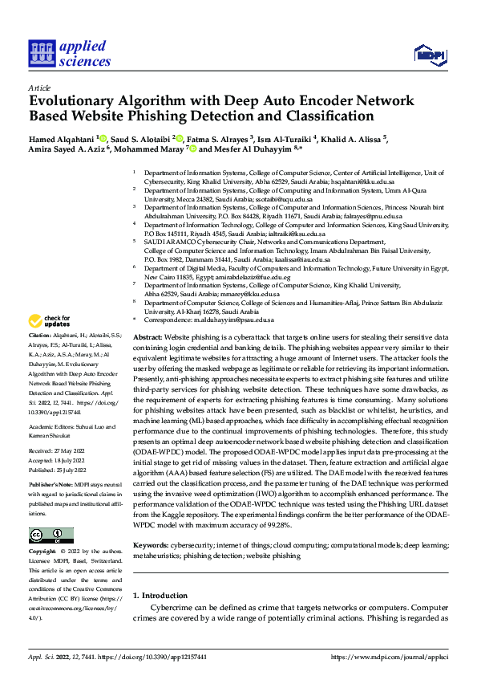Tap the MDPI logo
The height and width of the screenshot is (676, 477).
[x=430, y=54]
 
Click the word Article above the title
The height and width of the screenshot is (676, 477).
[x=39, y=88]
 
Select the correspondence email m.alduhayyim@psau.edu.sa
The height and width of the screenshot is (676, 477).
[x=226, y=320]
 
